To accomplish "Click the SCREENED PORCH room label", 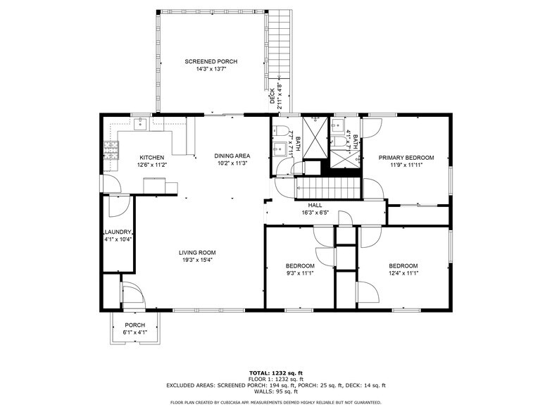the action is pyautogui.click(x=211, y=62).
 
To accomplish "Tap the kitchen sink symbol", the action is pyautogui.click(x=140, y=124).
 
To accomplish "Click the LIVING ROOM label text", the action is pyautogui.click(x=197, y=253).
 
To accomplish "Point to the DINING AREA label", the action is pyautogui.click(x=232, y=156).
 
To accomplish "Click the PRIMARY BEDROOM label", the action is pyautogui.click(x=406, y=158).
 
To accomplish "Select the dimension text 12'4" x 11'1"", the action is pyautogui.click(x=403, y=273).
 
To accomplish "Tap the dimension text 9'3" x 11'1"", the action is pyautogui.click(x=300, y=273).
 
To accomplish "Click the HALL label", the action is pyautogui.click(x=315, y=206).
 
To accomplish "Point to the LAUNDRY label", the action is pyautogui.click(x=118, y=232).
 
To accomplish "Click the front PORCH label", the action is pyautogui.click(x=135, y=325).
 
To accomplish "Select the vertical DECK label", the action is pyautogui.click(x=272, y=96).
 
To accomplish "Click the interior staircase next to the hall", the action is pyautogui.click(x=328, y=189).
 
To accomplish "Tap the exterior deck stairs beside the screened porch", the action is pyautogui.click(x=279, y=44).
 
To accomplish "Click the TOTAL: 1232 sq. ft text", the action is pyautogui.click(x=276, y=373).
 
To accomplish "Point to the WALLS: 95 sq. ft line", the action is pyautogui.click(x=276, y=391).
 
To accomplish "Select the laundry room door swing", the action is pyautogui.click(x=120, y=206).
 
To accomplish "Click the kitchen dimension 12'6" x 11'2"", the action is pyautogui.click(x=151, y=165).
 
